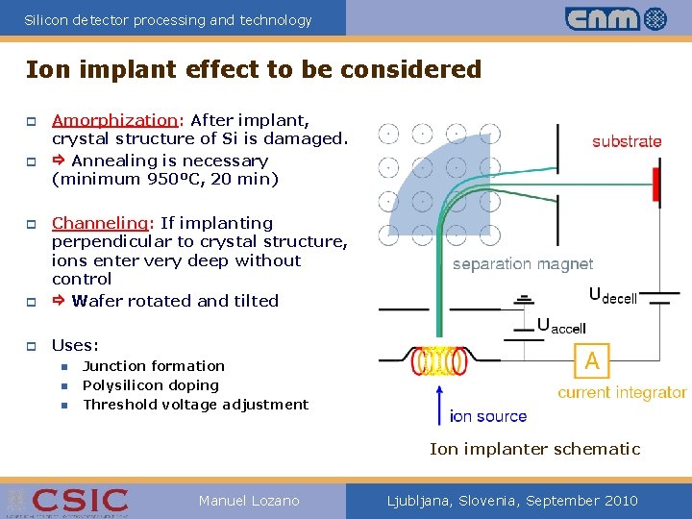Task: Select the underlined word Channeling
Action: click(100, 223)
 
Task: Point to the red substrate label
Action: click(627, 141)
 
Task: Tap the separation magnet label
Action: click(522, 263)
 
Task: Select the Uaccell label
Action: click(561, 326)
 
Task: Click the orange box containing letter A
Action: click(592, 361)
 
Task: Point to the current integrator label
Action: click(622, 392)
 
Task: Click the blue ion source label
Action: click(487, 416)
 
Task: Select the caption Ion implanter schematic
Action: click(534, 449)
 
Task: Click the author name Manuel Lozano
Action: click(249, 501)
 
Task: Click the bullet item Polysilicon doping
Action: click(151, 385)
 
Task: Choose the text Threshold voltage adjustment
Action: click(195, 405)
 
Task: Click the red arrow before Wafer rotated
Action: click(59, 301)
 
